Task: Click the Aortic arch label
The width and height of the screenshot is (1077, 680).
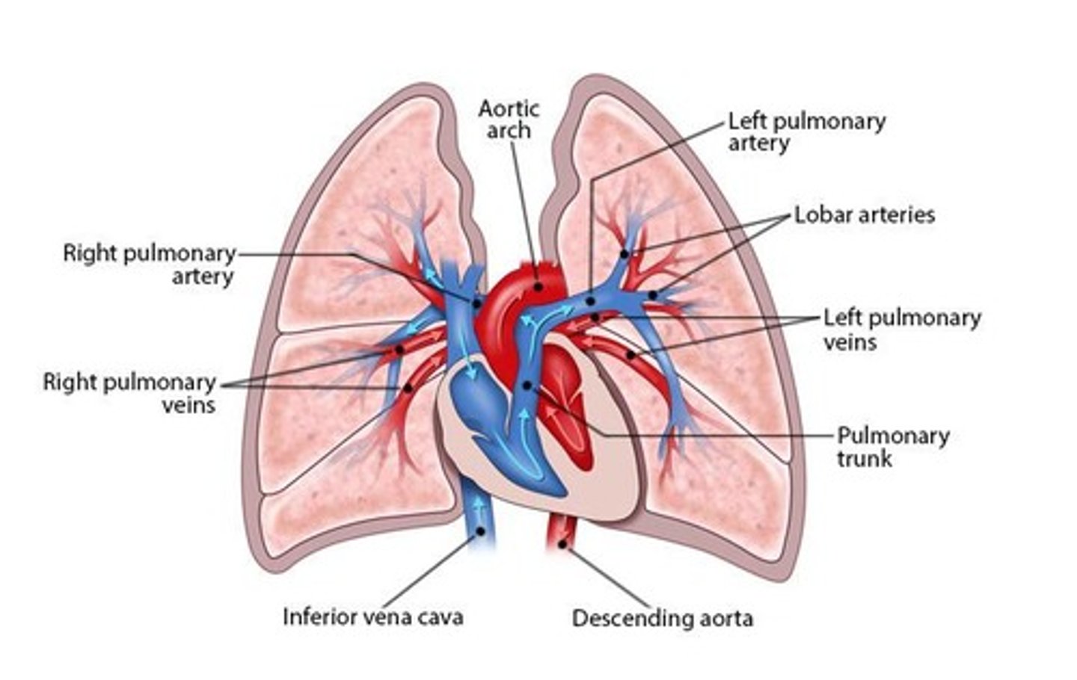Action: tap(509, 120)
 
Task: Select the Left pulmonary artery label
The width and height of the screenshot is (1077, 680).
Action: tap(806, 132)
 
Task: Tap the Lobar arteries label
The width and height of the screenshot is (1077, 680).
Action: tap(864, 215)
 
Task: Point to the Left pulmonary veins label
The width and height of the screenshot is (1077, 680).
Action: tap(901, 329)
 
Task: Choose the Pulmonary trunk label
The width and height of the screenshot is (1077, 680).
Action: tap(892, 446)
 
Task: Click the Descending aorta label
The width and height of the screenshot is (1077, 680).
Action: tap(662, 618)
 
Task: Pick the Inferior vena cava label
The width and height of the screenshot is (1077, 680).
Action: tap(372, 616)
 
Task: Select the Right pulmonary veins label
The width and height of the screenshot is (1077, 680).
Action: tap(129, 393)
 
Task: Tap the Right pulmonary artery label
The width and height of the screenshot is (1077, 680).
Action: tap(149, 265)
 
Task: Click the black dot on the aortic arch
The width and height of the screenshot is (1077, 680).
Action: tap(538, 286)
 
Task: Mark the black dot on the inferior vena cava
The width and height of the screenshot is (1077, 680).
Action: tap(480, 531)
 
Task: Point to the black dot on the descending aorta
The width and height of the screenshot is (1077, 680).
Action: tap(562, 545)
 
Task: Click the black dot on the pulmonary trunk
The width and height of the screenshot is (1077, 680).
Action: tap(527, 385)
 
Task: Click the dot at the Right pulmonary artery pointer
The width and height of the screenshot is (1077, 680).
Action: tap(476, 303)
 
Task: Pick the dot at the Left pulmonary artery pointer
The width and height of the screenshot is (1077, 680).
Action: tap(590, 301)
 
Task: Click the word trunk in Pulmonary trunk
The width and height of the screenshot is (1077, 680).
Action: tap(865, 458)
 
